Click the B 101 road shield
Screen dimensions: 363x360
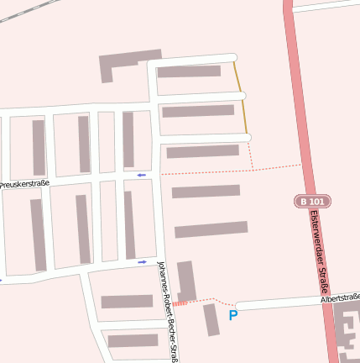tap(312, 202)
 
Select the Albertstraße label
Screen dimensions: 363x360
tap(340, 297)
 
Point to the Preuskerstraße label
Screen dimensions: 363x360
tap(24, 183)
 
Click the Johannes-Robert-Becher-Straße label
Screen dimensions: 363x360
tap(168, 311)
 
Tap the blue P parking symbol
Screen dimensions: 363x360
tap(233, 315)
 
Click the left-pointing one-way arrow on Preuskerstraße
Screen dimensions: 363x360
tap(141, 175)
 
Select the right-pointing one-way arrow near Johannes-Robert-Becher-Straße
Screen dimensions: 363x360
tap(142, 261)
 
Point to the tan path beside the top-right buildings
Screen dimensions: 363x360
tap(241, 97)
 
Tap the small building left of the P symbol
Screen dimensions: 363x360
tap(211, 319)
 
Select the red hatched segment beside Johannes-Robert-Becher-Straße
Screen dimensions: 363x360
tap(180, 303)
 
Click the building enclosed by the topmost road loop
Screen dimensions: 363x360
tap(189, 71)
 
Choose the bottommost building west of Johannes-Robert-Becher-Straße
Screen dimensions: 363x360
tap(133, 340)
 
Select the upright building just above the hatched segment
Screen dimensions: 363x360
tap(186, 280)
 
